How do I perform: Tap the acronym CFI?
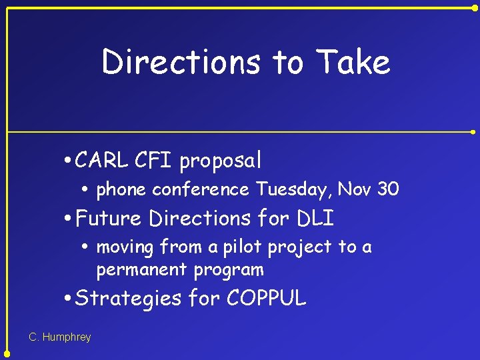pyautogui.click(x=154, y=160)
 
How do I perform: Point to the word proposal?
pyautogui.click(x=220, y=161)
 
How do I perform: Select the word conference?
pyautogui.click(x=200, y=190)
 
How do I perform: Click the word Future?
pyautogui.click(x=109, y=218)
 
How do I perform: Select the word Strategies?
pyautogui.click(x=128, y=299)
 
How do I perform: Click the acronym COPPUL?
pyautogui.click(x=266, y=299)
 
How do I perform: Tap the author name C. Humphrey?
pyautogui.click(x=60, y=337)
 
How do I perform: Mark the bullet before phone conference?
pyautogui.click(x=89, y=191)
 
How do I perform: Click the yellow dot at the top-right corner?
pyautogui.click(x=475, y=8)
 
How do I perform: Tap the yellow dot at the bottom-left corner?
pyautogui.click(x=7, y=354)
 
